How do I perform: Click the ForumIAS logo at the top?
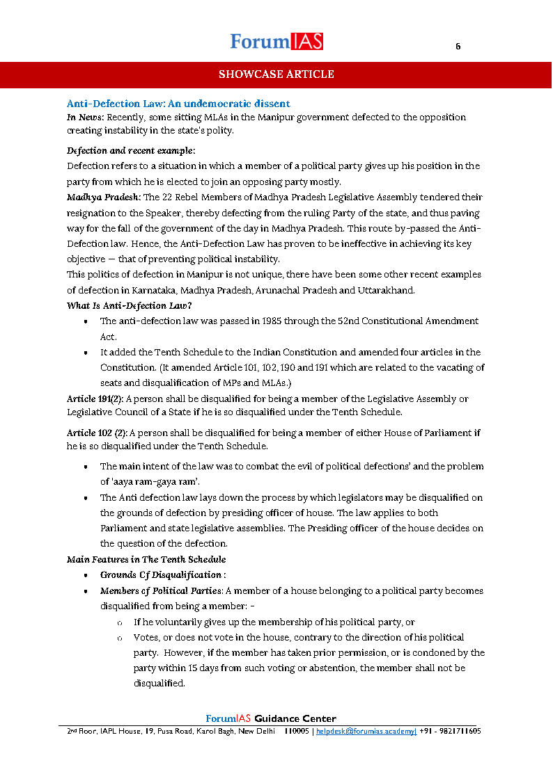pos(276,42)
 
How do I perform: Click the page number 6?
pos(458,47)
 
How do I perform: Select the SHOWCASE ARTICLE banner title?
pos(276,74)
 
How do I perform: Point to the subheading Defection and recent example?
pos(131,150)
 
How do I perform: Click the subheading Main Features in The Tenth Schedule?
pos(146,559)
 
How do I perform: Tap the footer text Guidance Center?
pos(295,718)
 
